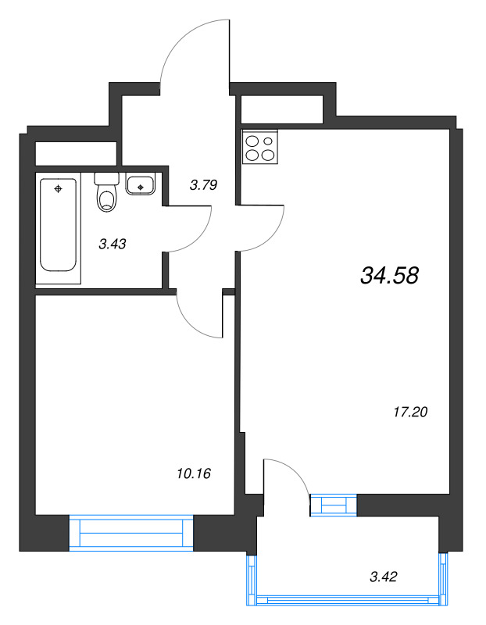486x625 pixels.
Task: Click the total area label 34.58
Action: coord(389,276)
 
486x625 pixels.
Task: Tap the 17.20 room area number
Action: coord(410,412)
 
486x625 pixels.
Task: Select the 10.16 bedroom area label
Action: coord(193,473)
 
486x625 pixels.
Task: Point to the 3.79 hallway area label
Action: coord(203,185)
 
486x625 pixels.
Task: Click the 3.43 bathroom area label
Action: coord(113,244)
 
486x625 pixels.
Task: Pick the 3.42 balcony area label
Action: coord(384,577)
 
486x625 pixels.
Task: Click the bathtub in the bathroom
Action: coord(58,225)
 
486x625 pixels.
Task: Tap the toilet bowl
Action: coord(107,201)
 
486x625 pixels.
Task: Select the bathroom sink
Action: coord(141,185)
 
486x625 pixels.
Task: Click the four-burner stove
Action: coord(260,147)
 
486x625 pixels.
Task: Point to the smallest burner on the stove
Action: coord(268,141)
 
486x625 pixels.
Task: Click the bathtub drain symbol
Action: coord(58,189)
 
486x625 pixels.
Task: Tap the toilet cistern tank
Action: coord(107,178)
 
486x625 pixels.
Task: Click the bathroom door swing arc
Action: coord(198,236)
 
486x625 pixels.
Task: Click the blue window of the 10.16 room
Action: coord(131,533)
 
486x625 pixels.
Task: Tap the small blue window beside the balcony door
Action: coord(334,505)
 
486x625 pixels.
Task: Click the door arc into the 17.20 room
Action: coord(272,238)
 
